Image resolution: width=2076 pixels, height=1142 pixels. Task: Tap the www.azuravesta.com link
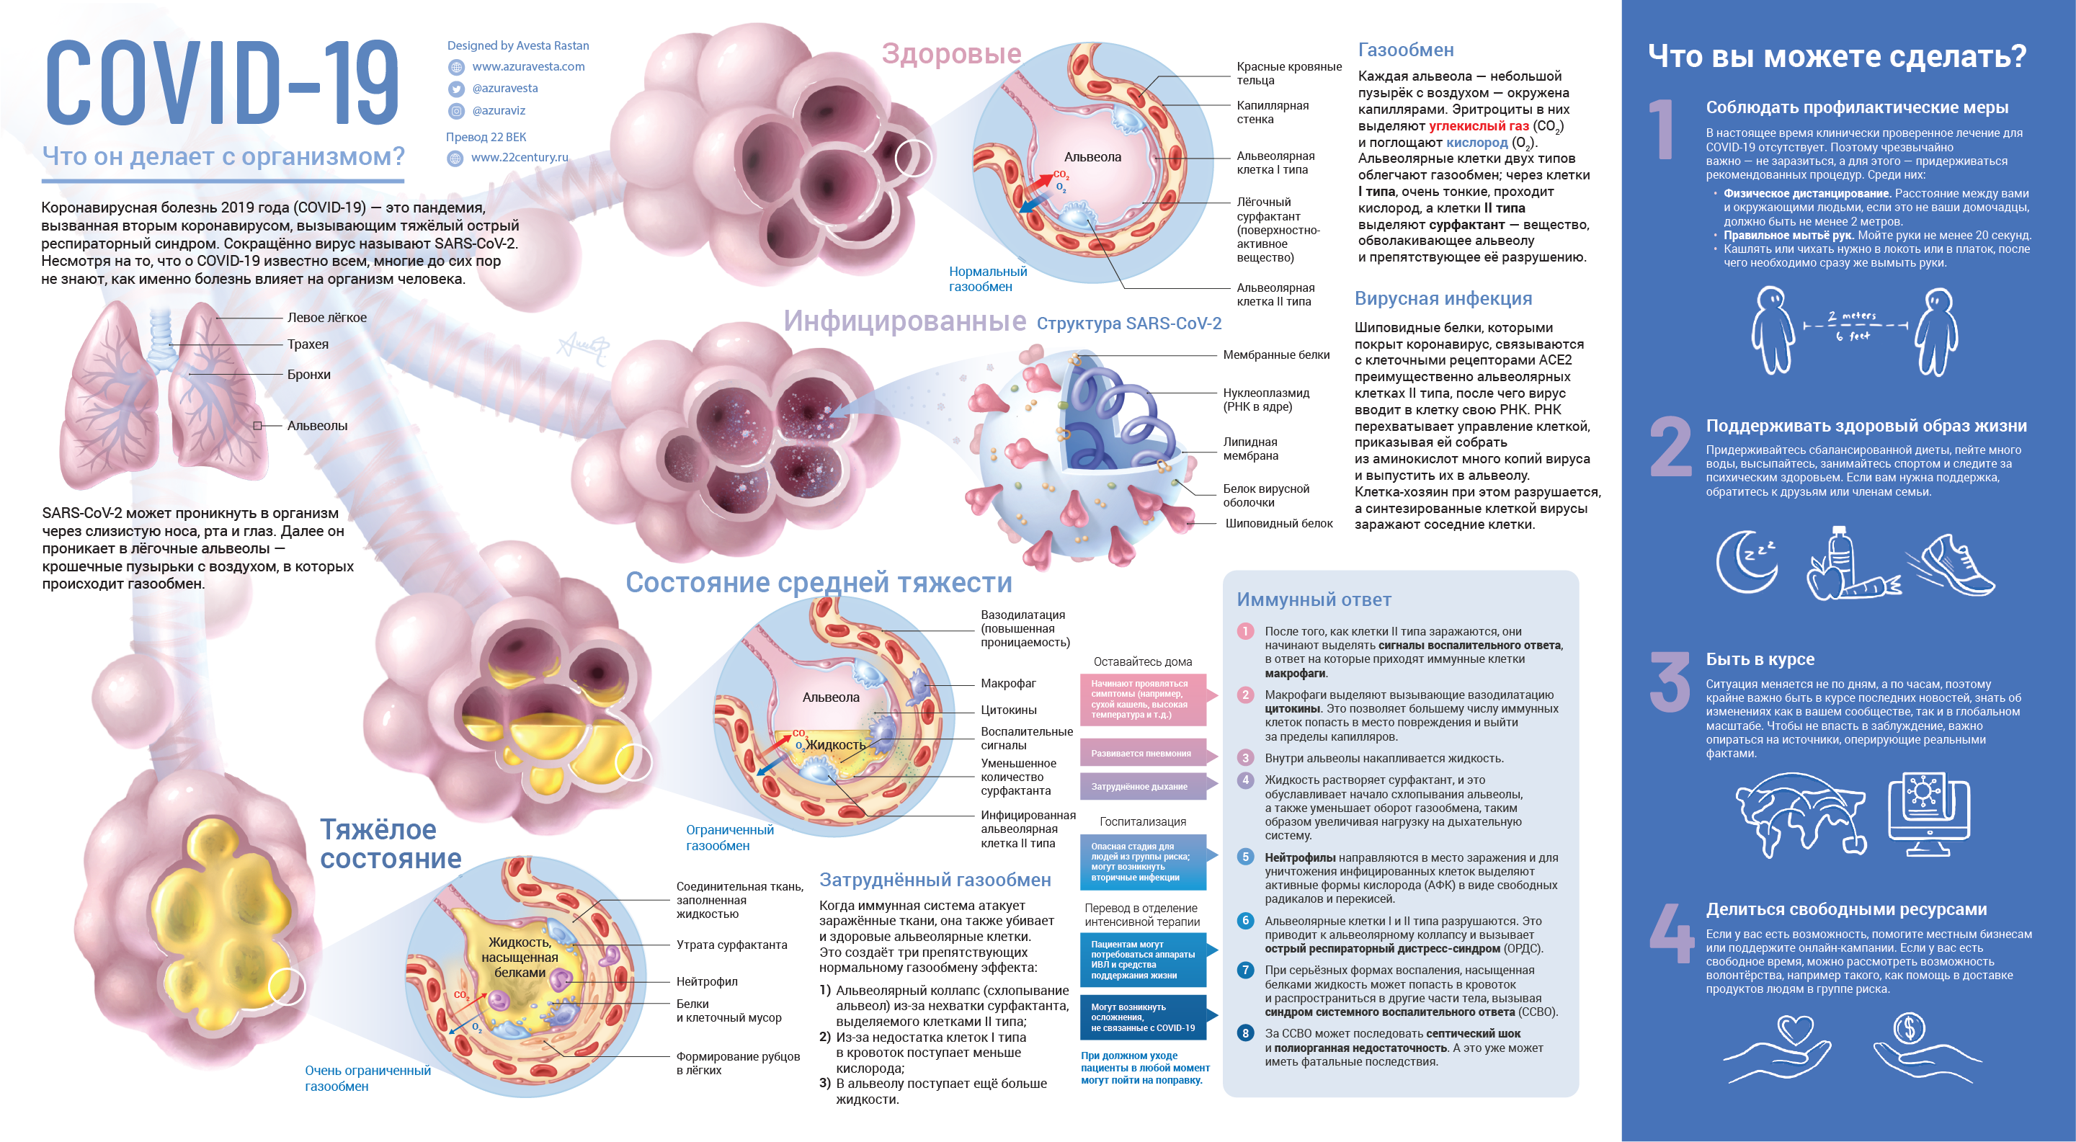coord(528,67)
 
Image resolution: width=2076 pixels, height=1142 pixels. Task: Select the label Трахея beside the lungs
coord(308,344)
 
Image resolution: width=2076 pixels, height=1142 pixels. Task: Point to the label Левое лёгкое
coord(326,318)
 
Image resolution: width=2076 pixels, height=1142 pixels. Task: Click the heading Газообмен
coord(1405,50)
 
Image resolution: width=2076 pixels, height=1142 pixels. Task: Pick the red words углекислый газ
coord(1478,125)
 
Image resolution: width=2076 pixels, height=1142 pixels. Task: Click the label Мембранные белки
coord(1275,354)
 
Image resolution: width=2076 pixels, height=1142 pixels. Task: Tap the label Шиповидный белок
coord(1278,524)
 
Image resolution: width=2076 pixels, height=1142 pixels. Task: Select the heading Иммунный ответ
coord(1314,599)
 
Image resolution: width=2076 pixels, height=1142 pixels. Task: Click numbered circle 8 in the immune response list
coord(1245,1033)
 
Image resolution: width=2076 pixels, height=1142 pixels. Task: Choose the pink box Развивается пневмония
coord(1142,754)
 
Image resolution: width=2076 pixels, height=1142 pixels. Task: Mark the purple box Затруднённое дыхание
coord(1141,787)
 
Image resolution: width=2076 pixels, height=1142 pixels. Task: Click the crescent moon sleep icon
coord(1745,562)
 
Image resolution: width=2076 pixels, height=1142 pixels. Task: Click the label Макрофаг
coord(1008,684)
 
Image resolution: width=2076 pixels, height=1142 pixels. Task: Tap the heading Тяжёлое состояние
coord(390,844)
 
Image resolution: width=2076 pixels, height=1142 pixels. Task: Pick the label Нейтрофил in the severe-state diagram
coord(707,981)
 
